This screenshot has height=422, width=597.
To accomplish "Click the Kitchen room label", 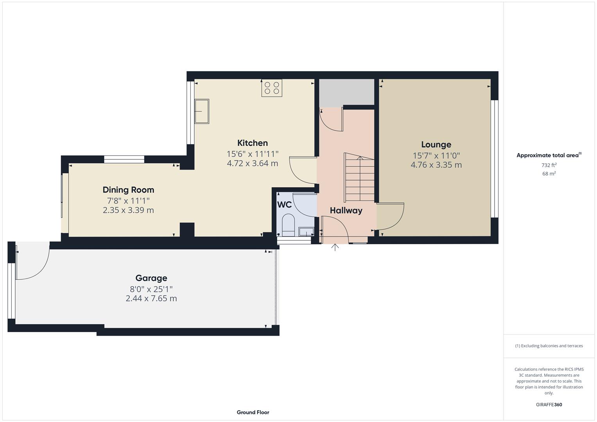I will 253,143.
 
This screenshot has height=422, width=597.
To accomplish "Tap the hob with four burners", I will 272,88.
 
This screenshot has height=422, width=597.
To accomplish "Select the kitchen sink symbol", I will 203,111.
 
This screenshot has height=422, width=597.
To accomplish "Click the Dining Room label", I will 128,190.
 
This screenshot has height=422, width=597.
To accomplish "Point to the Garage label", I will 151,278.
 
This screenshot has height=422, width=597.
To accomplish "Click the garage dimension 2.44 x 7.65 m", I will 151,299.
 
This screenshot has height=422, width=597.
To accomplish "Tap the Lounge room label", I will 436,145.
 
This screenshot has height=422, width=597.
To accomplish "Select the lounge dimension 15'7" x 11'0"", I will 436,156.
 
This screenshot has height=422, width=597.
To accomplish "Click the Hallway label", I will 346,211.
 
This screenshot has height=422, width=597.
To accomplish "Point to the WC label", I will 284,204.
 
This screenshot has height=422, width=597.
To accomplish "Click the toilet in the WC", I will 288,225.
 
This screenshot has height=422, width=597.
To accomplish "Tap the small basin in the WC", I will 306,232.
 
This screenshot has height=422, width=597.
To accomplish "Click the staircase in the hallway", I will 359,177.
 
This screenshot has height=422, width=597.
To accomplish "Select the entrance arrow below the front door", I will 335,247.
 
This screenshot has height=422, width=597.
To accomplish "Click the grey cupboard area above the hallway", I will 346,92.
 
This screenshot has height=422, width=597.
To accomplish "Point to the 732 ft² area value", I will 549,165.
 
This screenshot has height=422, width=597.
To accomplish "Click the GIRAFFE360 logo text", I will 549,405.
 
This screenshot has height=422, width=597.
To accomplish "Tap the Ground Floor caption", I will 253,412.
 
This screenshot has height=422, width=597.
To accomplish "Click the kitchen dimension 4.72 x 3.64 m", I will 253,163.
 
